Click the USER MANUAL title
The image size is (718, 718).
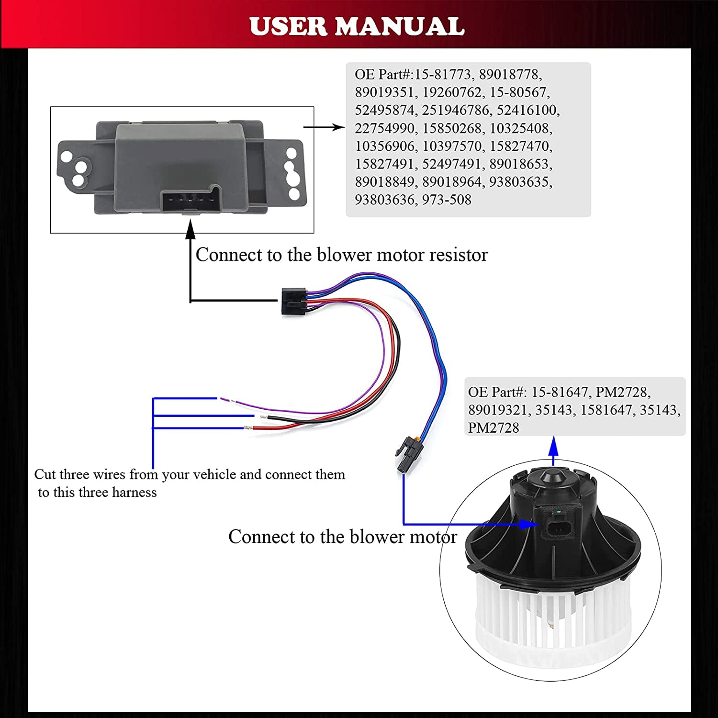[357, 26]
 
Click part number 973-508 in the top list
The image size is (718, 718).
[447, 200]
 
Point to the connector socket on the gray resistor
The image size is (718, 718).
[191, 200]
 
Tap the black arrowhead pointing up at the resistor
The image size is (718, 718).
[191, 229]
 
